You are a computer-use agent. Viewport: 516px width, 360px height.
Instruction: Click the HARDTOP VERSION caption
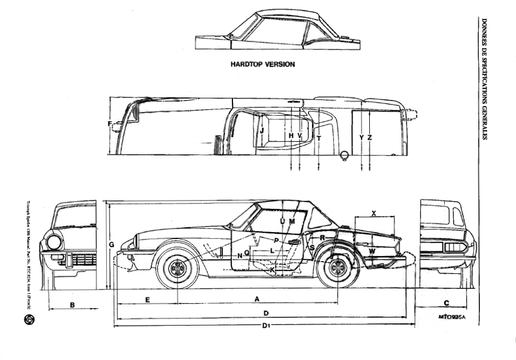pos(262,64)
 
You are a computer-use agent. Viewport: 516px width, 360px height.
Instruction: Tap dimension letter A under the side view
pos(257,299)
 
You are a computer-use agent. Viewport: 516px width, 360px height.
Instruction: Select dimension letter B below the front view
pos(72,304)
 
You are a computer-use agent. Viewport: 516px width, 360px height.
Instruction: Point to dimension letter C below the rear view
pos(446,303)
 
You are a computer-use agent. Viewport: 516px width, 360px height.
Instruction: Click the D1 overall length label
pos(266,326)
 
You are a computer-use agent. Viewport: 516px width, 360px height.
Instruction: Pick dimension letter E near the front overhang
pos(147,299)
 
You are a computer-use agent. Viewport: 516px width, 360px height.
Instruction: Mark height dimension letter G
pos(111,244)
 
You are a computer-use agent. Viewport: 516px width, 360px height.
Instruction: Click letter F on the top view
pos(110,123)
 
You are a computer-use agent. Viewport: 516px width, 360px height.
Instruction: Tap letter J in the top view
pos(261,131)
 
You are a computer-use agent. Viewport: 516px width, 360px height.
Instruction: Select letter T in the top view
pos(319,137)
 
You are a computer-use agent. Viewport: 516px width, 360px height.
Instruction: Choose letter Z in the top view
pos(369,137)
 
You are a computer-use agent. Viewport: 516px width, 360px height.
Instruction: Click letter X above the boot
pos(373,213)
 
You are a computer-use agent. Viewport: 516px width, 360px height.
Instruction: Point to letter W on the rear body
pos(372,252)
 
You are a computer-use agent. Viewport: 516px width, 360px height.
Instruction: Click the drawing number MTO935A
pos(451,317)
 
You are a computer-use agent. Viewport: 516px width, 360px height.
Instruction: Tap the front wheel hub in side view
pos(177,269)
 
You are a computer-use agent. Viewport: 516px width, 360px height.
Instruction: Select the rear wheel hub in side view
pos(337,269)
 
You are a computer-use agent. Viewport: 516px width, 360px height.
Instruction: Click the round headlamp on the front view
pos(54,242)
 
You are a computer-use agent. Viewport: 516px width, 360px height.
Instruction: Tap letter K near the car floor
pos(272,269)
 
